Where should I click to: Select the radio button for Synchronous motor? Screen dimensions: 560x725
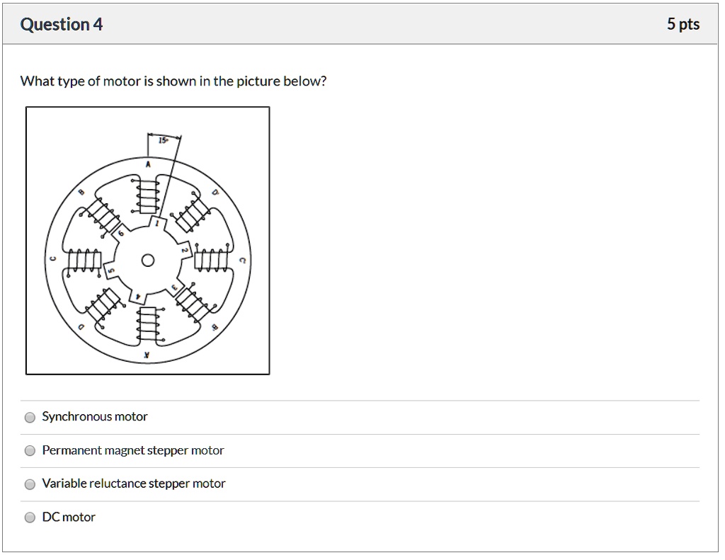click(x=30, y=417)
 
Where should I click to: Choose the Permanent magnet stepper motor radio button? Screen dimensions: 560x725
click(x=30, y=450)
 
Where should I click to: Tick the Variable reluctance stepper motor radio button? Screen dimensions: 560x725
click(x=30, y=484)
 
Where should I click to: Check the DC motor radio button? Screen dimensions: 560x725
click(x=30, y=518)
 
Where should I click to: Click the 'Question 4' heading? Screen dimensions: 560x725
click(x=62, y=25)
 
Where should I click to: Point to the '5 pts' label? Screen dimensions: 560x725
click(x=683, y=25)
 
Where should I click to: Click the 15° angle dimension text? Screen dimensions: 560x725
click(x=163, y=141)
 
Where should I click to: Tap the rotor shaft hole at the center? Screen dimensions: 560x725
click(x=147, y=260)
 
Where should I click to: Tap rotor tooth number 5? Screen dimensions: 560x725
click(x=110, y=270)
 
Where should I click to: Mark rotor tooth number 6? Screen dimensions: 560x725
click(x=120, y=233)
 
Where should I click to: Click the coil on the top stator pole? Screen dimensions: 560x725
click(x=147, y=194)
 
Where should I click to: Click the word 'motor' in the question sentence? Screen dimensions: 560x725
click(x=122, y=81)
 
